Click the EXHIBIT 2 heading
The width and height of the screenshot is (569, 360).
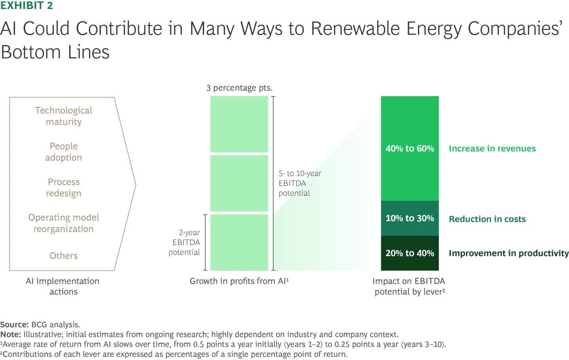point(26,6)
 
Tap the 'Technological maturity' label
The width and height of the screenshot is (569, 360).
point(63,116)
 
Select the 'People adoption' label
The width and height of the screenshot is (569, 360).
point(63,152)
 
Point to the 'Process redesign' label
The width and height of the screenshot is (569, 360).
point(63,187)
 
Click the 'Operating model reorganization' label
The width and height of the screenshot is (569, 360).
point(63,223)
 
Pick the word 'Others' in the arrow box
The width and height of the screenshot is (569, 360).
point(63,256)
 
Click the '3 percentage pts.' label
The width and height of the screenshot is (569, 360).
point(239,88)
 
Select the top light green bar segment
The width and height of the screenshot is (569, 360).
point(239,124)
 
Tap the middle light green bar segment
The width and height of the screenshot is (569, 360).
point(239,183)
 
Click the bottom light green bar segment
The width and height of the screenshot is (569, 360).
point(239,242)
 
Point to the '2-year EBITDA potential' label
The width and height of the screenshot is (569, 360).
point(185,242)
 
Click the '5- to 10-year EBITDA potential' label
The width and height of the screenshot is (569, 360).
point(299,183)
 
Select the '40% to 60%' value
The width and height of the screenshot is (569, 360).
point(410,149)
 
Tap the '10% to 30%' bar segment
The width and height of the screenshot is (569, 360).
point(410,218)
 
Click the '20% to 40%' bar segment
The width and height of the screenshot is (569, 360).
point(410,253)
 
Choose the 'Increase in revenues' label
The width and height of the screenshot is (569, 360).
point(492,149)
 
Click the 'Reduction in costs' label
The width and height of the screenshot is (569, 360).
point(487,219)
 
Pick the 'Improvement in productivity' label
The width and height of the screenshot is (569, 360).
point(508,253)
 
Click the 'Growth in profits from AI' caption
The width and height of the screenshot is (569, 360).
point(239,281)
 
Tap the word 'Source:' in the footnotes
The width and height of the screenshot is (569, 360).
point(14,324)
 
